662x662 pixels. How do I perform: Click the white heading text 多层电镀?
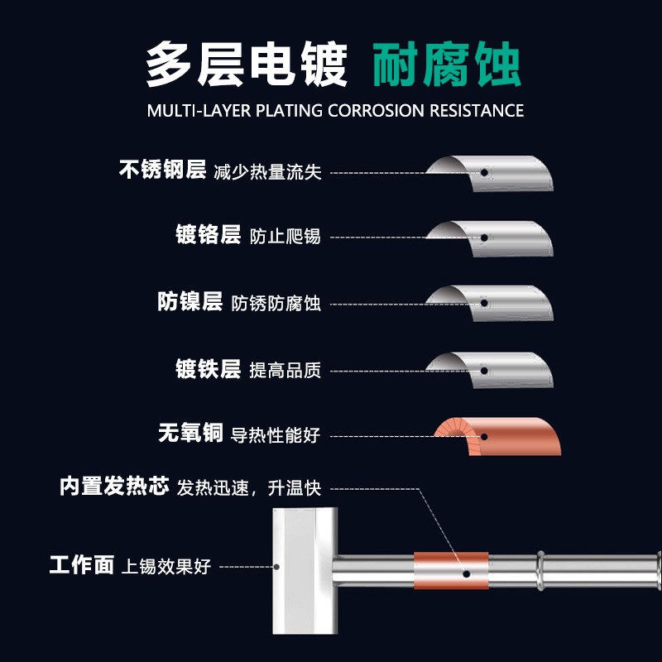[x=247, y=65]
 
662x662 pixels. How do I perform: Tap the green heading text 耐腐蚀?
[x=447, y=65]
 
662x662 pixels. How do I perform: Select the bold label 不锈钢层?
[x=162, y=170]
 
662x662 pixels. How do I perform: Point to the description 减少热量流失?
[x=267, y=172]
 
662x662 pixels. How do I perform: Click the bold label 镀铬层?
[x=208, y=235]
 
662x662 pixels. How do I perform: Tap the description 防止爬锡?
[x=285, y=237]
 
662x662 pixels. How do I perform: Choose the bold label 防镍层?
[x=189, y=302]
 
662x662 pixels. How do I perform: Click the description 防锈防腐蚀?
[x=276, y=304]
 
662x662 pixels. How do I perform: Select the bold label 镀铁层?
[x=208, y=369]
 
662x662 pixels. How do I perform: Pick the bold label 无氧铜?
[x=189, y=433]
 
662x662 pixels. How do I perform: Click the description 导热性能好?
[x=276, y=434]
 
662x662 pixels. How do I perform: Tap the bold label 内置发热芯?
[x=114, y=486]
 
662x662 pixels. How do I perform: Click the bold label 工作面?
[x=81, y=566]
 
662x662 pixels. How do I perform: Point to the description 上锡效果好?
[x=166, y=568]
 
